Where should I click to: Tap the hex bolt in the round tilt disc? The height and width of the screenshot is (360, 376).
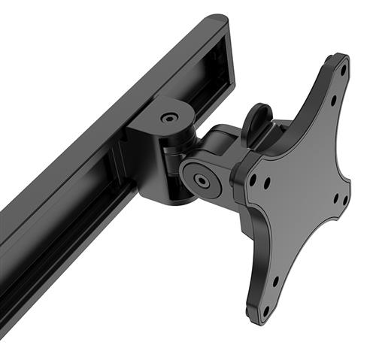coord(202,181)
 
